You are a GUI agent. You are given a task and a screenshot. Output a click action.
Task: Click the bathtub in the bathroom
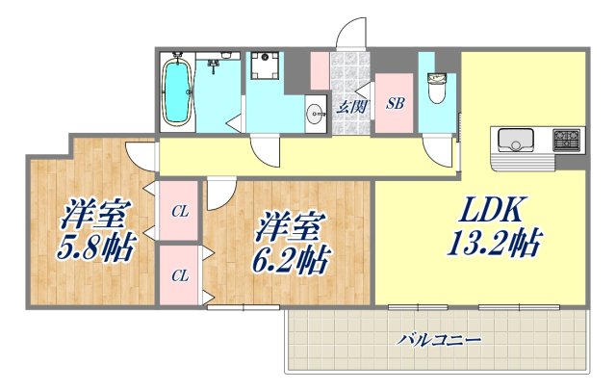click(x=177, y=91)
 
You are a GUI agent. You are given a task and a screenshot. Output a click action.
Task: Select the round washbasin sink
click(x=318, y=116)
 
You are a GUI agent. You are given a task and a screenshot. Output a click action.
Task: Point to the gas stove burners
click(x=566, y=142)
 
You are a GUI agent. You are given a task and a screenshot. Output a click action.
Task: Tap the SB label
click(x=395, y=104)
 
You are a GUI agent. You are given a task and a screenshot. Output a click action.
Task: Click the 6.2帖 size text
click(x=295, y=259)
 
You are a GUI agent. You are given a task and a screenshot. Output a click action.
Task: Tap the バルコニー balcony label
click(x=438, y=339)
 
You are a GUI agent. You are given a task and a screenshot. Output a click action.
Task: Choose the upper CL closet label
click(x=179, y=211)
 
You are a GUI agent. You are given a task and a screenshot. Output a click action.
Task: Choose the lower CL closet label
click(x=179, y=275)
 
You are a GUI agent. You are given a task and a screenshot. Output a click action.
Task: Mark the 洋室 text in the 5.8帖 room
click(x=98, y=213)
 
